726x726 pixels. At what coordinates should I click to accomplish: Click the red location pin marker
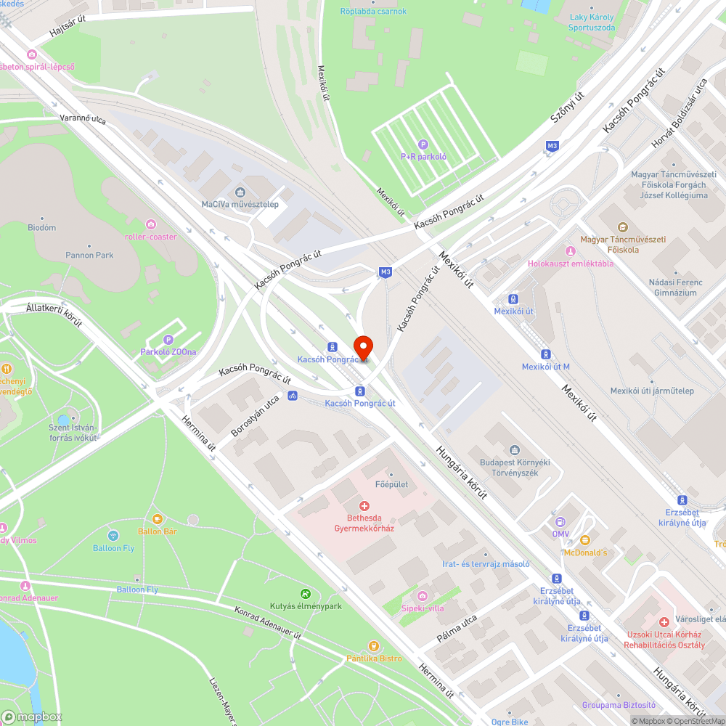pos(363,348)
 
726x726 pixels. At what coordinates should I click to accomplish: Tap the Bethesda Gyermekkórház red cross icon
pos(364,505)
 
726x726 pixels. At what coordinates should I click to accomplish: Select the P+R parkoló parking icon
pos(423,144)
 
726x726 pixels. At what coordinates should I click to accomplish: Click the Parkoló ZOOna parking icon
pos(168,339)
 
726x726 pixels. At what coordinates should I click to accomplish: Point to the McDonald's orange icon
pos(584,540)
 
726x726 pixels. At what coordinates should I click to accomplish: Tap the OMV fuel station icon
pos(560,521)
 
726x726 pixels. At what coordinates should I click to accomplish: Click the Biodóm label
pos(41,227)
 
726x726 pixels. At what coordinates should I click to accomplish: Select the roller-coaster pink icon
pos(150,224)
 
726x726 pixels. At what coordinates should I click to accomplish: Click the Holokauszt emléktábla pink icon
pos(570,251)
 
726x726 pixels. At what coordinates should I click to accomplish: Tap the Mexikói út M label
pos(545,367)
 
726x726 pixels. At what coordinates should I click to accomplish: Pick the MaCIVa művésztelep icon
pos(240,192)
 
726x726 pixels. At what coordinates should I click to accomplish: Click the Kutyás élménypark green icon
pos(306,593)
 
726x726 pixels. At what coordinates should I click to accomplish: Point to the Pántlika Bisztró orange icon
pos(373,645)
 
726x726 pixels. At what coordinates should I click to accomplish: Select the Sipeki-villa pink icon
pos(422,596)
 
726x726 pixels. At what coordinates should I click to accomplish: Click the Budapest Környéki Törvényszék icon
pos(515,450)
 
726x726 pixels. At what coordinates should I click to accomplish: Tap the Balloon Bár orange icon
pos(158,519)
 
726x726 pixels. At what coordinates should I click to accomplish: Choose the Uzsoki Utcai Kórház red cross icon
pos(664,622)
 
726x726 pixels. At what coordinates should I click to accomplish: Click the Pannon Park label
pos(89,255)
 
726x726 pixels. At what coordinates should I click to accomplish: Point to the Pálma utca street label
pos(457,629)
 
